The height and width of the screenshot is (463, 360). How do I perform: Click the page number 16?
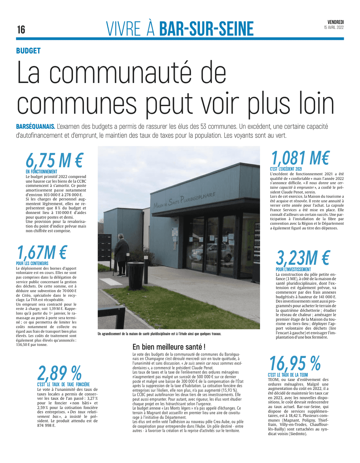pos(21,30)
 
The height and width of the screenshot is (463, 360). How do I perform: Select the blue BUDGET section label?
pos(28,51)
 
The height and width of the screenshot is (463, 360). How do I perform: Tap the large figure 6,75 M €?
pos(54,160)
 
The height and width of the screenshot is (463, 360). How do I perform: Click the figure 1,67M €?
pos(42,252)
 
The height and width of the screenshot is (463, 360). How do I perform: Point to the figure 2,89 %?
pos(59,373)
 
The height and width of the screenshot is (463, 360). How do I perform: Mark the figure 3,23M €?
pos(303,258)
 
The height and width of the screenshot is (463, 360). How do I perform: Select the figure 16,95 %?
pos(295,364)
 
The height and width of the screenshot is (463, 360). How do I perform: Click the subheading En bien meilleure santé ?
pos(169,347)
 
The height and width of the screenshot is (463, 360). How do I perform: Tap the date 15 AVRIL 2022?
pos(334,27)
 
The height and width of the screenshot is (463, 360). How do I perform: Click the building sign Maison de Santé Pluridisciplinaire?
pos(184,200)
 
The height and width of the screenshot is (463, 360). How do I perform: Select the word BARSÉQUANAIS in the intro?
pos(36,127)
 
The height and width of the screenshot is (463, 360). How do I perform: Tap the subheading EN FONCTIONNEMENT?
pos(41,172)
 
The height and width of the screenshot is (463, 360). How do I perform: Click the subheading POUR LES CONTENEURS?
pos(32,263)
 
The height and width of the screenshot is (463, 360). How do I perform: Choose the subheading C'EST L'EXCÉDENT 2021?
pos(286,169)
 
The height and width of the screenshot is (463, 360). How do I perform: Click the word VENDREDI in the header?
pos(335,22)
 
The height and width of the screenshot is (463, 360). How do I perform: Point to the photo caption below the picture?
pos(159,334)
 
